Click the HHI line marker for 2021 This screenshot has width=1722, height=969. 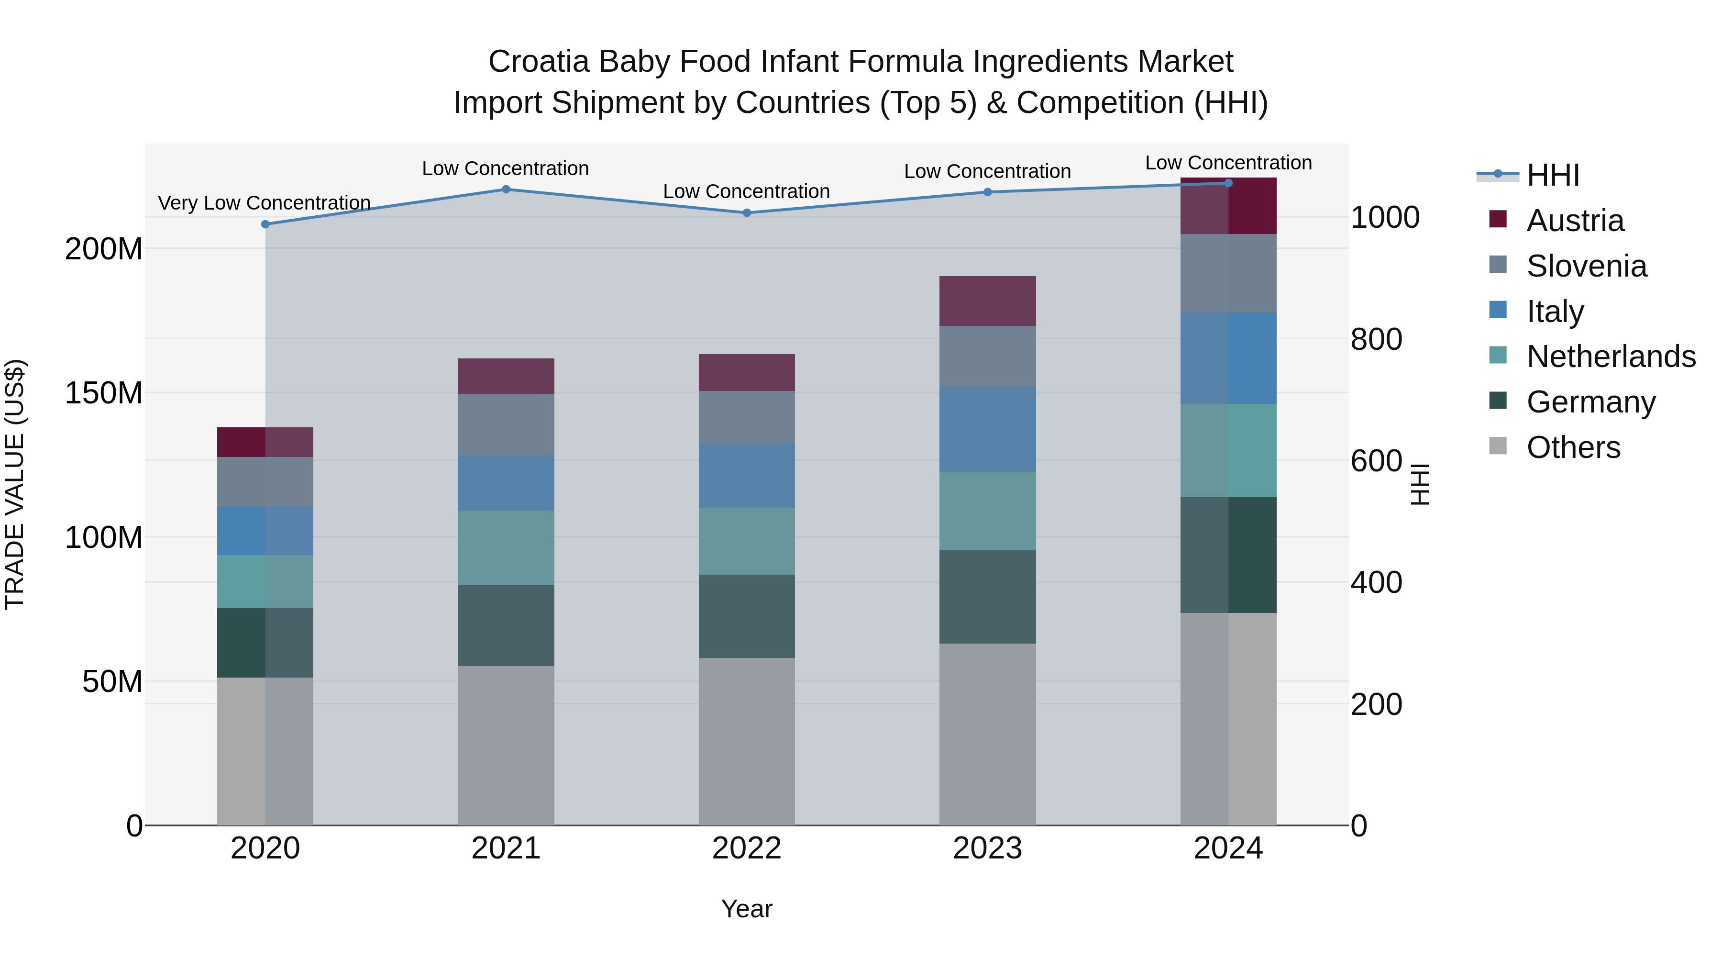click(506, 189)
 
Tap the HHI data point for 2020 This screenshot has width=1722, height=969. click(265, 224)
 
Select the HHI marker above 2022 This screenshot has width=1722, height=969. click(747, 212)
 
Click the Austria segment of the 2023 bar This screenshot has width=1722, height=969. click(987, 301)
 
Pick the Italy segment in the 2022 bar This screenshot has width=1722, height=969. click(747, 476)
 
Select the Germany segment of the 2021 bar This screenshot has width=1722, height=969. click(506, 625)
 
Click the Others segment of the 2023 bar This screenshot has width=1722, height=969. click(987, 734)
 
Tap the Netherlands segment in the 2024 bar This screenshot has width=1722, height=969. click(1228, 450)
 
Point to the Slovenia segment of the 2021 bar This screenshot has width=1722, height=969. click(506, 424)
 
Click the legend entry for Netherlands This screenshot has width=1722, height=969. click(1611, 356)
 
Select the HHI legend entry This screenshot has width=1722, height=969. click(1552, 175)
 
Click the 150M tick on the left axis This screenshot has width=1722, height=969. click(104, 393)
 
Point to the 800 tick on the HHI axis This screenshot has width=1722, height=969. click(1376, 339)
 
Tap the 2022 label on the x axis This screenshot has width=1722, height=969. click(747, 848)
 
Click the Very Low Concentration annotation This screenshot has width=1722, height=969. click(264, 202)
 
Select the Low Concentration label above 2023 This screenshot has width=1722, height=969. click(987, 171)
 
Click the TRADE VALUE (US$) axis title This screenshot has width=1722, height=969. click(15, 484)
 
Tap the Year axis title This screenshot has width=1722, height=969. click(747, 909)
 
